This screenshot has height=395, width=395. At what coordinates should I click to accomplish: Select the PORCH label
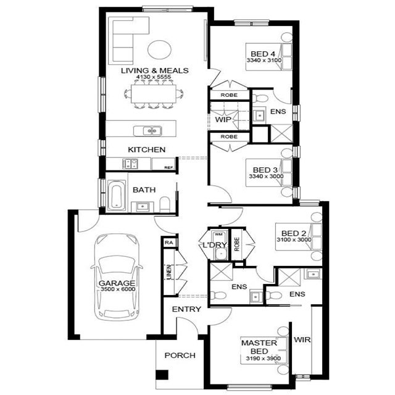pyautogui.click(x=180, y=355)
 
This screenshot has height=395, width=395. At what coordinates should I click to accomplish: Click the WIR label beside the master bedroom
pyautogui.click(x=302, y=339)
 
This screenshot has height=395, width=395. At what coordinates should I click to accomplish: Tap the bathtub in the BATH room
pyautogui.click(x=116, y=196)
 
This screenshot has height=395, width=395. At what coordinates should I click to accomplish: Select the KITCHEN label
pyautogui.click(x=146, y=150)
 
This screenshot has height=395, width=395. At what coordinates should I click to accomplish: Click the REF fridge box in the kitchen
pyautogui.click(x=167, y=167)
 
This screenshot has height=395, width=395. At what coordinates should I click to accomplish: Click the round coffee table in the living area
pyautogui.click(x=159, y=49)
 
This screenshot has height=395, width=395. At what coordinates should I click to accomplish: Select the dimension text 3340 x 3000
pyautogui.click(x=264, y=177)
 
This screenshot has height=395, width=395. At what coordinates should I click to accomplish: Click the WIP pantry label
pyautogui.click(x=223, y=120)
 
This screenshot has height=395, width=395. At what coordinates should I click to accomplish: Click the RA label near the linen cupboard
pyautogui.click(x=168, y=243)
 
